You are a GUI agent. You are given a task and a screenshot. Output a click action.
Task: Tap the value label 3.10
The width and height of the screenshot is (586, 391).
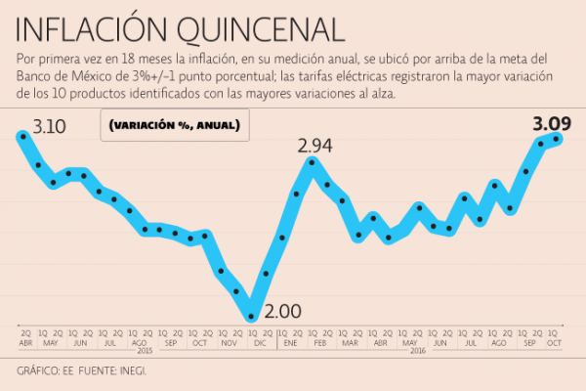49,126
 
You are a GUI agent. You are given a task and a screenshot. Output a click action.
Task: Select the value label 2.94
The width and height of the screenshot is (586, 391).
315,147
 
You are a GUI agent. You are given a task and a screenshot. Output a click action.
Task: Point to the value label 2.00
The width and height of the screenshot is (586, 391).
283,312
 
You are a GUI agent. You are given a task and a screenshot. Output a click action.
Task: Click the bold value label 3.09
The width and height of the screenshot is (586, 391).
551,124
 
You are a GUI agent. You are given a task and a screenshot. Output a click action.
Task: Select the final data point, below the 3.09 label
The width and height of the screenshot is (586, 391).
557,138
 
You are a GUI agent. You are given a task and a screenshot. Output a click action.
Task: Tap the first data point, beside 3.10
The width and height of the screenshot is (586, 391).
22,136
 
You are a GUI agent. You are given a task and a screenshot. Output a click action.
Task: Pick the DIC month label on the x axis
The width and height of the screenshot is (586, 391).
259,343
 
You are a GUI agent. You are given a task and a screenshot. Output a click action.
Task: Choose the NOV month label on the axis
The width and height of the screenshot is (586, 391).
229,343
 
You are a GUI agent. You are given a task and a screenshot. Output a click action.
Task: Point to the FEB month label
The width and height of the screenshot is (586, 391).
319,343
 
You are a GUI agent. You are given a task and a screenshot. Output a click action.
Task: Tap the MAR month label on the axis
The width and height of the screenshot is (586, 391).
350,343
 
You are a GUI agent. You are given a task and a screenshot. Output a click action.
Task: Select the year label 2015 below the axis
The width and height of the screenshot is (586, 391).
145,351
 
